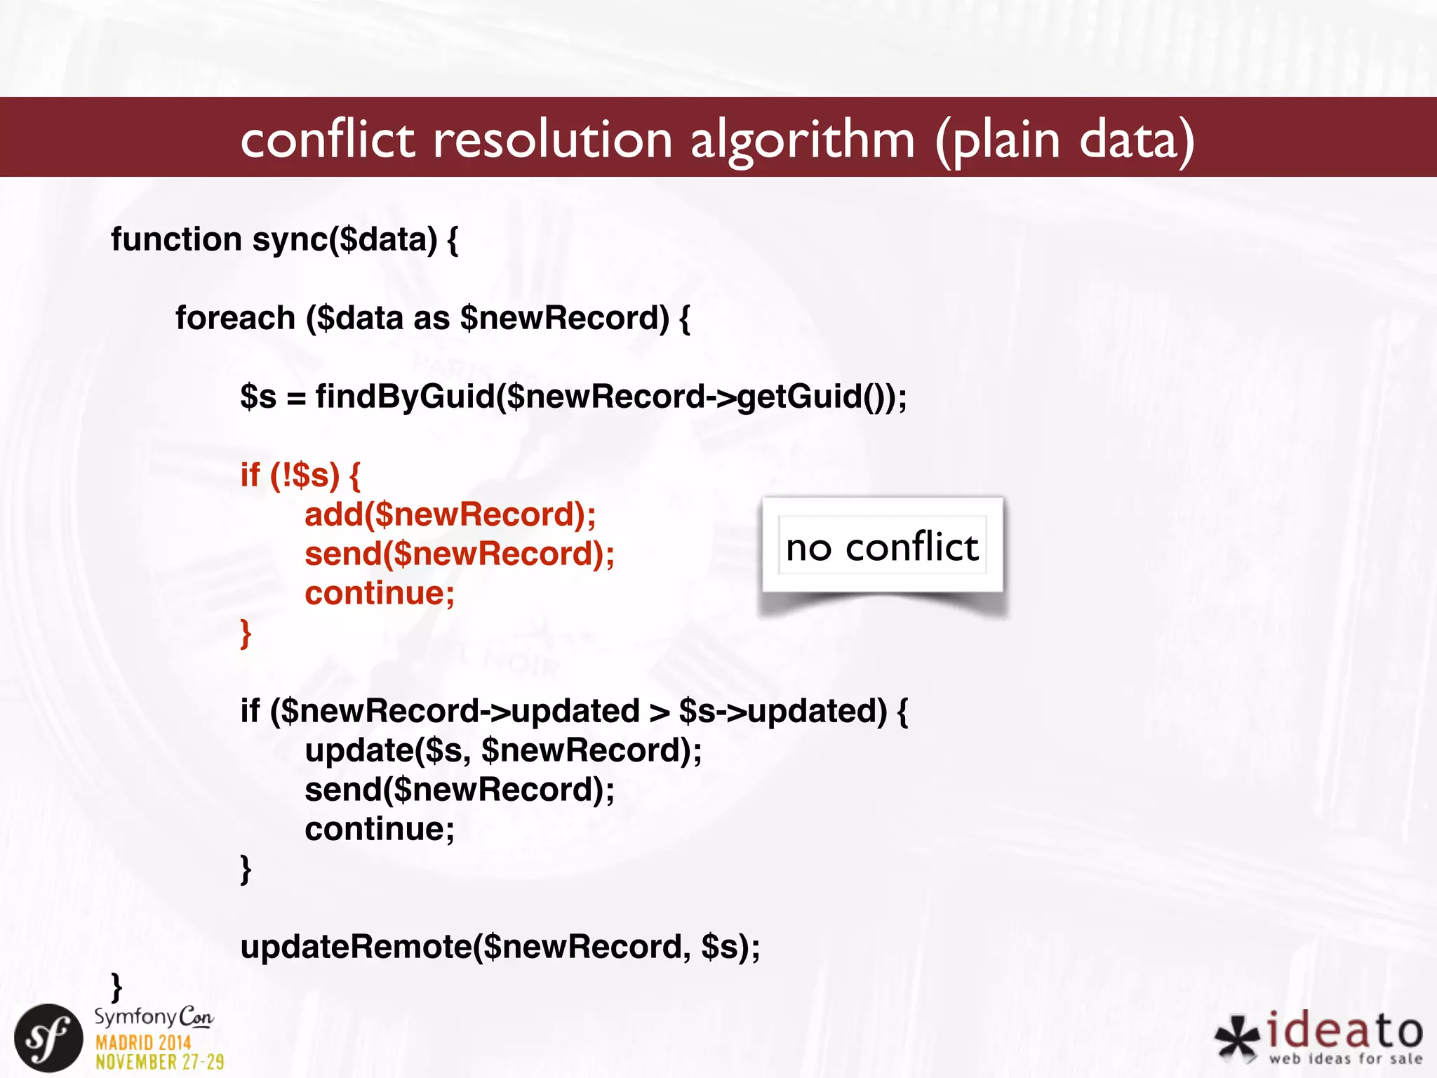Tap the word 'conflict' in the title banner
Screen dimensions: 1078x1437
point(328,139)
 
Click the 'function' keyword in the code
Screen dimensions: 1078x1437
point(176,239)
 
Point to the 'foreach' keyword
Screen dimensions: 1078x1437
point(235,318)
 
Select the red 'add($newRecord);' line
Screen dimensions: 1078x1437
point(450,514)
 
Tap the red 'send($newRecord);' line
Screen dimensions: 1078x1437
point(460,554)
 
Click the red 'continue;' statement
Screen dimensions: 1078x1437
point(380,593)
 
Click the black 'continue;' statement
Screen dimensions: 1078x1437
point(380,829)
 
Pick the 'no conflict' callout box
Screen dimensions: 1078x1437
point(882,546)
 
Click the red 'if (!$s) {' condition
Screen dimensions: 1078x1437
point(300,475)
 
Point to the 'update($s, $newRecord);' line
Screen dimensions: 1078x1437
point(503,750)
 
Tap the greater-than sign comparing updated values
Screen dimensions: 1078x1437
point(659,712)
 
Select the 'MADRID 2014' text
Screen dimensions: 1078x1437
point(143,1043)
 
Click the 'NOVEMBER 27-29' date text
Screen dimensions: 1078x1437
point(160,1062)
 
